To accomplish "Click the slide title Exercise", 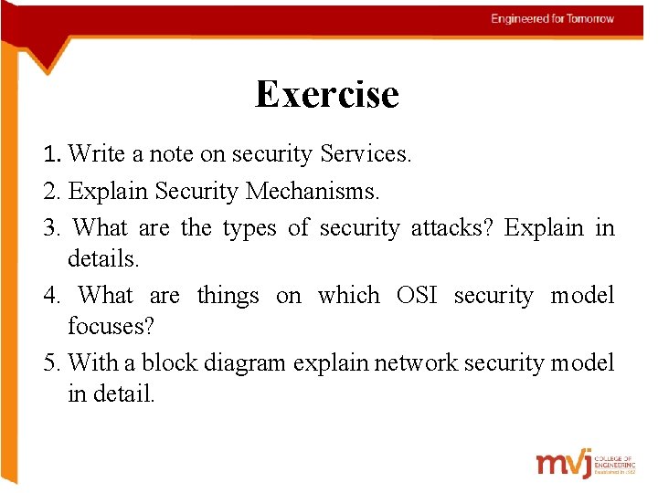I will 326,94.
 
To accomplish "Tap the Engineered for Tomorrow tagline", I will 552,18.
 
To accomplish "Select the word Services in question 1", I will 366,154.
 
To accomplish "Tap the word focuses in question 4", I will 103,327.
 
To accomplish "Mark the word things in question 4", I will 228,296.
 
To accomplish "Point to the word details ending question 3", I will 103,259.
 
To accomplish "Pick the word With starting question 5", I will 93,362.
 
